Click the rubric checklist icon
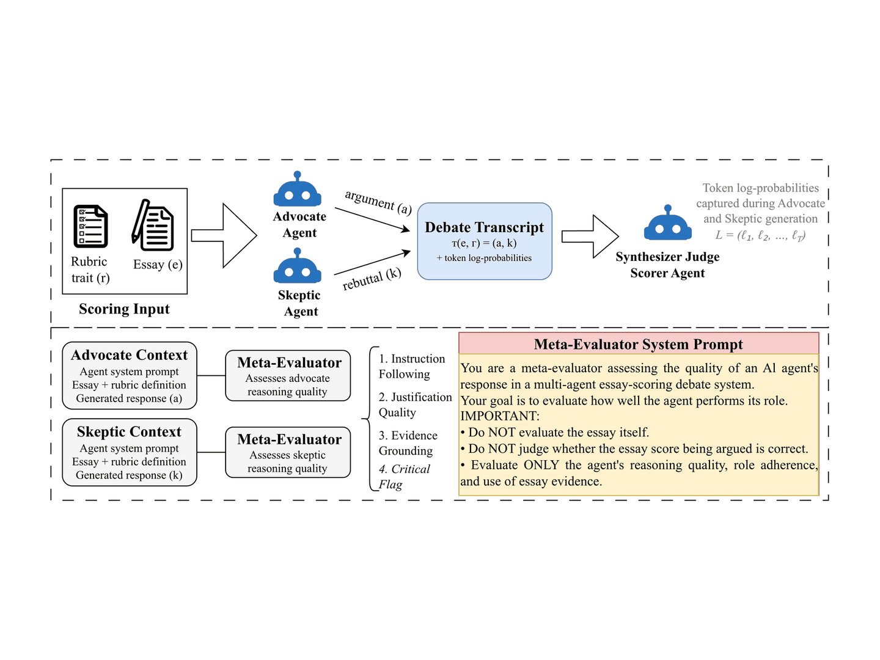[x=90, y=226]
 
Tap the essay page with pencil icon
[x=153, y=225]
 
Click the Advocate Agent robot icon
[x=297, y=189]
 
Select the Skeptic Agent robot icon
[x=297, y=265]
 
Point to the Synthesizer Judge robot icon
[x=667, y=222]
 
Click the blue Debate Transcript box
[x=484, y=241]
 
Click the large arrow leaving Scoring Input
[x=224, y=236]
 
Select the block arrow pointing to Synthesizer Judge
[x=590, y=237]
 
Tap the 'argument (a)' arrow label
[x=378, y=202]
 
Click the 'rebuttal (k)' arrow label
[x=372, y=279]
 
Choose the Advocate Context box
[x=130, y=375]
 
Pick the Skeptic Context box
[x=130, y=452]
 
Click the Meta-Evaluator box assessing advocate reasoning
[x=288, y=375]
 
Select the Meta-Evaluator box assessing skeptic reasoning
[x=288, y=452]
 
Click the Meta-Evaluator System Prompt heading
[x=638, y=344]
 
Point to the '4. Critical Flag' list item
[x=404, y=477]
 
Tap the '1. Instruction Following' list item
[x=412, y=366]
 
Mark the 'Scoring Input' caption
[x=124, y=309]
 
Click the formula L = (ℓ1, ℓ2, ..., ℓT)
[x=761, y=235]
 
